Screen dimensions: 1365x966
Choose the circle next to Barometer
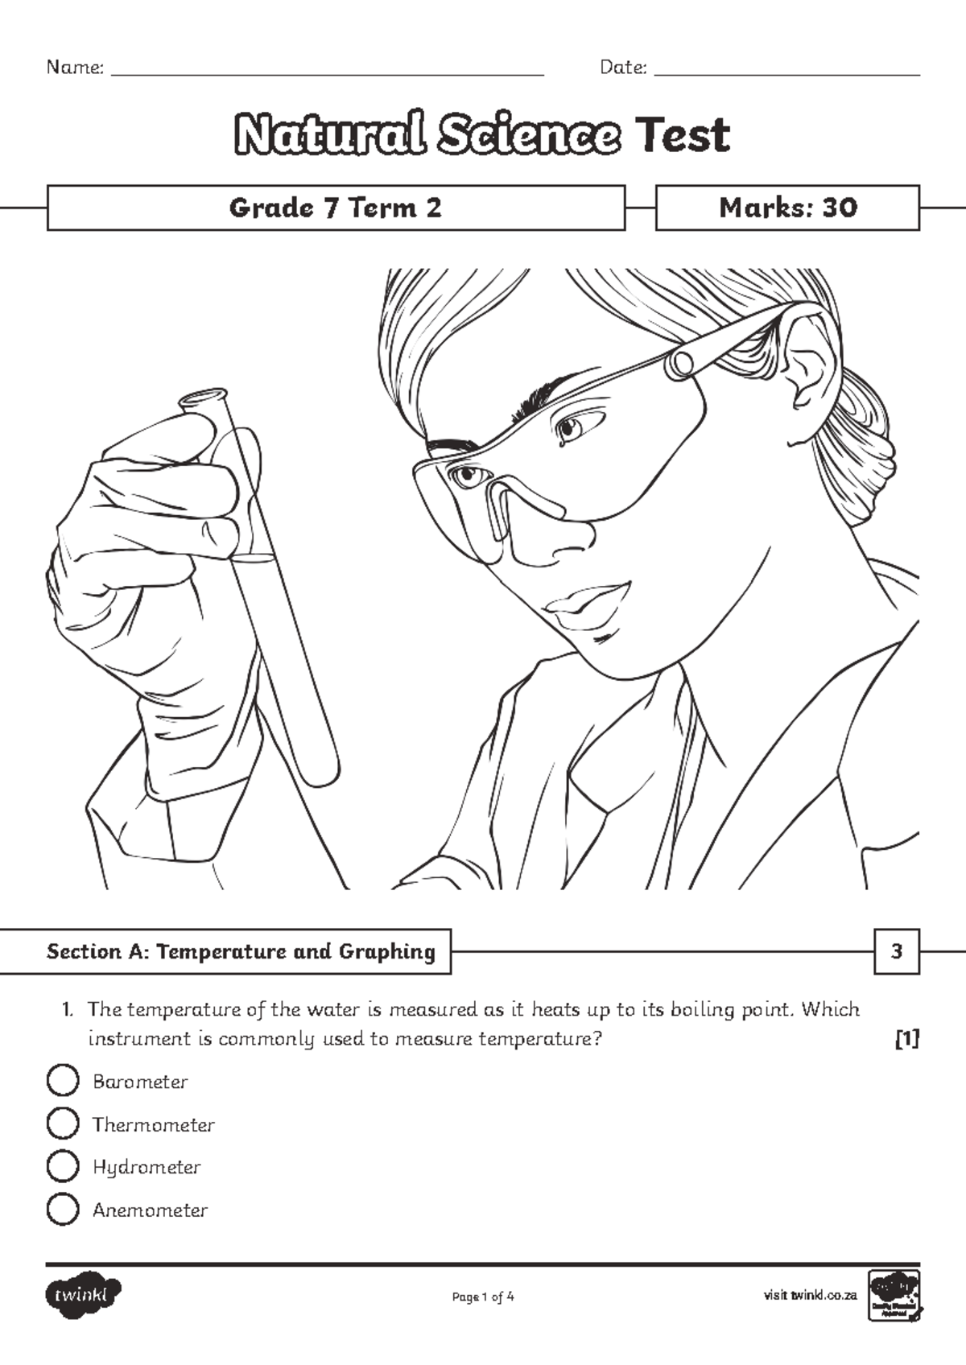click(x=63, y=1080)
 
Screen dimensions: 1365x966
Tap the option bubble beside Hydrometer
click(x=63, y=1165)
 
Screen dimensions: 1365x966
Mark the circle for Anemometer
click(x=63, y=1209)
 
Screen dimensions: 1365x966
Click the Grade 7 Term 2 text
click(x=336, y=208)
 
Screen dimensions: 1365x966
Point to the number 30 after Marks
click(x=840, y=208)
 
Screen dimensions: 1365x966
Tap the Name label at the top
click(x=75, y=68)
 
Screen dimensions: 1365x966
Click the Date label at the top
click(x=623, y=68)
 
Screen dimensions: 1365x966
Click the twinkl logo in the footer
click(x=83, y=1295)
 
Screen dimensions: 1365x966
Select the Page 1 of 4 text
click(x=483, y=1297)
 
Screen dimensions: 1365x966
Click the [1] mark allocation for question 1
click(x=906, y=1039)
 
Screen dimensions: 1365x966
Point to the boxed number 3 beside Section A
click(x=897, y=951)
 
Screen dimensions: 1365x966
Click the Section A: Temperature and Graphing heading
click(x=241, y=951)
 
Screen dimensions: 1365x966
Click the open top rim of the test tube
click(x=203, y=398)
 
